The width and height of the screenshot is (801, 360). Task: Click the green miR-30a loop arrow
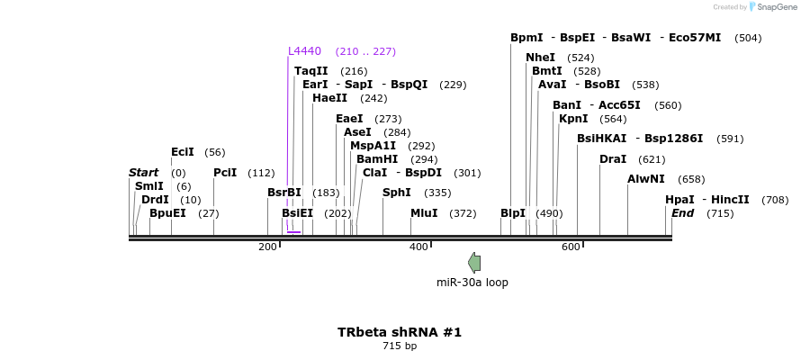473,262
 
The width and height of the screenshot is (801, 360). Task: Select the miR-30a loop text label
472,283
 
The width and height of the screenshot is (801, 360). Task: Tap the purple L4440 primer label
304,51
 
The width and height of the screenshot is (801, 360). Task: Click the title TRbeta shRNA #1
400,332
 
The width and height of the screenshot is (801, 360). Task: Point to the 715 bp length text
400,346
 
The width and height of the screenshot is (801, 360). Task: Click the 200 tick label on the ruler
267,247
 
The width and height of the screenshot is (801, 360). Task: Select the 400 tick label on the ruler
418,247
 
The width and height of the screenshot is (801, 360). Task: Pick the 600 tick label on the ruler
570,247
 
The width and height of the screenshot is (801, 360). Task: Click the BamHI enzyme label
377,159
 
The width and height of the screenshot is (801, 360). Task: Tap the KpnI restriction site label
573,119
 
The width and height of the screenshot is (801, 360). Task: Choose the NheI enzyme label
540,58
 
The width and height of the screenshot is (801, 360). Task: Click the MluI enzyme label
424,213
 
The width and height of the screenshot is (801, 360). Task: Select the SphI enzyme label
397,193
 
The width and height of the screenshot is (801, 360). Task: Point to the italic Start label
143,173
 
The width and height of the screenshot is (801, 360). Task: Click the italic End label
682,213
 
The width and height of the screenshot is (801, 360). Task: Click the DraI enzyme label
613,159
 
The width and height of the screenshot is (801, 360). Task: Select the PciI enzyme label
225,173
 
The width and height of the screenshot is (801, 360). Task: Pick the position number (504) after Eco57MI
748,38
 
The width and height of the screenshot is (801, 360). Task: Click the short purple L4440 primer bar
293,232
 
